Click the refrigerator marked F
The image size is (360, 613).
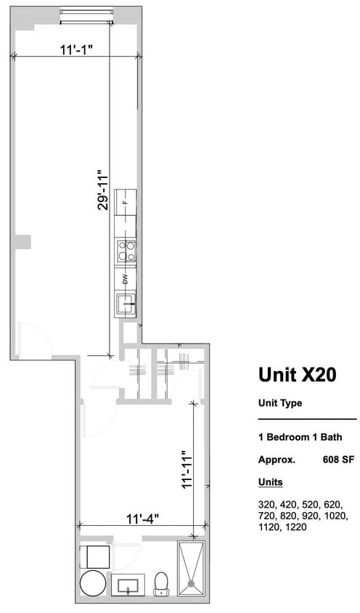125,203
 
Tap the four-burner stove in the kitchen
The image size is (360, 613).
125,251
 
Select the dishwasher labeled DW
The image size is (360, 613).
125,278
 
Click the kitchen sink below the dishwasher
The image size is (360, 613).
125,301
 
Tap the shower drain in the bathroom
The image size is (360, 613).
190,582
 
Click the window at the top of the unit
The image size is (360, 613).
86,12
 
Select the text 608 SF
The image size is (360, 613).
338,459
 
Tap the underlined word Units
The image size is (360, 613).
271,482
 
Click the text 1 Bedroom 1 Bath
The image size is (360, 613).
300,437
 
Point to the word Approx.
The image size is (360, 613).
277,459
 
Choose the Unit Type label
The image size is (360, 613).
279,403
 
